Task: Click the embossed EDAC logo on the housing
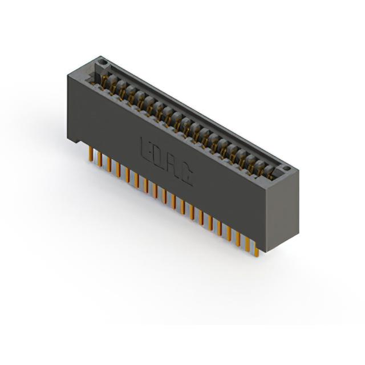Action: (x=167, y=161)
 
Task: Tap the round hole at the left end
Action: (x=102, y=62)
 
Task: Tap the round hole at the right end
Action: (x=286, y=168)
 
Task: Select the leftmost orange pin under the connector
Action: (x=90, y=154)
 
